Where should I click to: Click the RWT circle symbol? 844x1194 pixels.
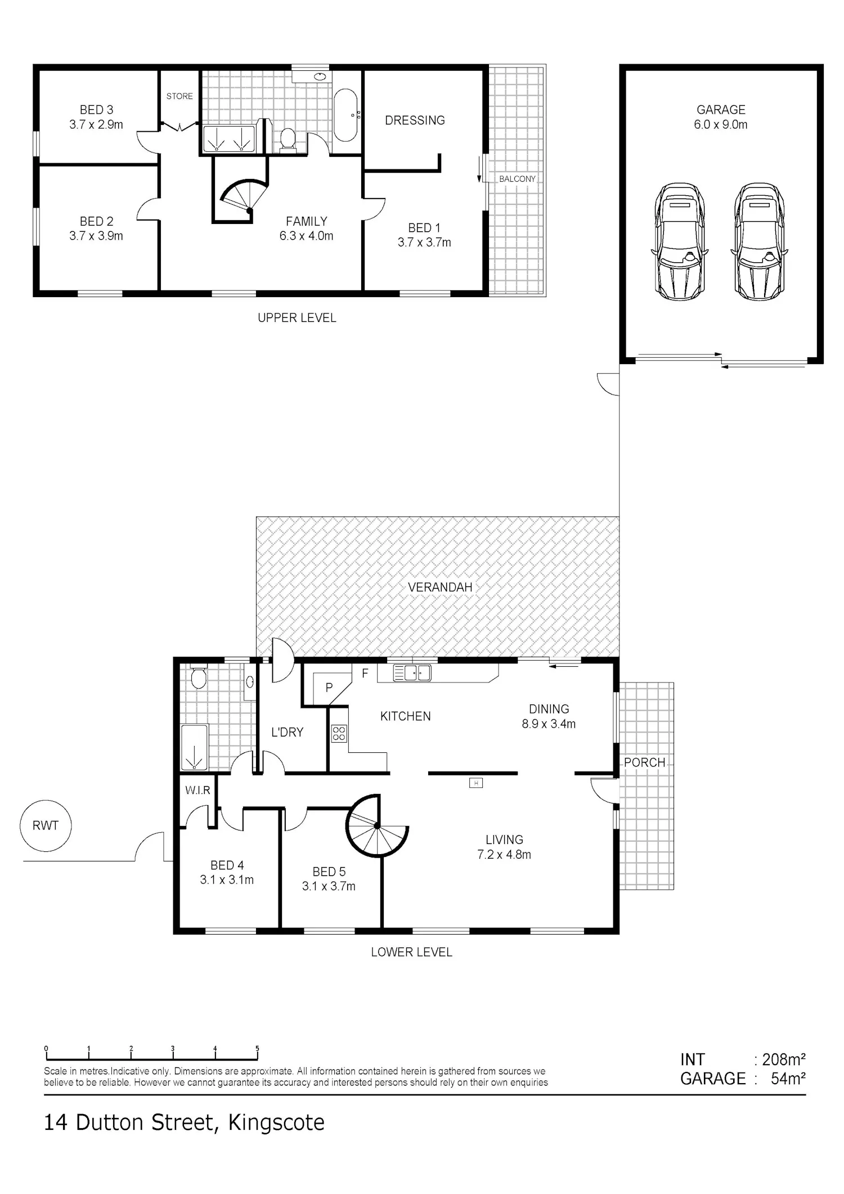point(46,825)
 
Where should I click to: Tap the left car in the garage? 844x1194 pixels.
point(680,241)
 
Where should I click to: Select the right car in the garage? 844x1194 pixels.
point(760,241)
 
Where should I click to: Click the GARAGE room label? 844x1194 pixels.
point(721,110)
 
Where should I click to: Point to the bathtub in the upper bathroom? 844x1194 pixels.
point(345,115)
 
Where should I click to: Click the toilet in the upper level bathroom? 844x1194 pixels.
point(288,140)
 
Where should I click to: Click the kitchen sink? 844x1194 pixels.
point(412,673)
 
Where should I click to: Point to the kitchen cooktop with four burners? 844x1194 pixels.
point(339,733)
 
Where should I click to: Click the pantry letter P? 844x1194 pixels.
point(329,687)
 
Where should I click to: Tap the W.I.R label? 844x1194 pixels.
point(197,791)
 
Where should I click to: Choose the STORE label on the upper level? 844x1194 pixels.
point(179,96)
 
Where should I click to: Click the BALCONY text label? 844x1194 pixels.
point(517,179)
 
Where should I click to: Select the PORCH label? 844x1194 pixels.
point(645,762)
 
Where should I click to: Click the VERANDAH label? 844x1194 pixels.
point(440,587)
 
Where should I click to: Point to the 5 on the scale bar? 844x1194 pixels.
point(257,1049)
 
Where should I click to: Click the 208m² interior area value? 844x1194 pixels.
point(784,1060)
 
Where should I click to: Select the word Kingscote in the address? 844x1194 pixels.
point(276,1123)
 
